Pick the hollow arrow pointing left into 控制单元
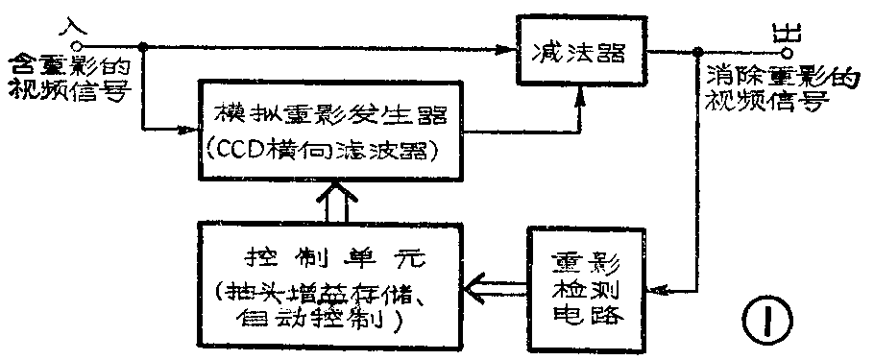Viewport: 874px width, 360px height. tap(495, 285)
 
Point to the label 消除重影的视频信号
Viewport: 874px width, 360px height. tap(778, 87)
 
